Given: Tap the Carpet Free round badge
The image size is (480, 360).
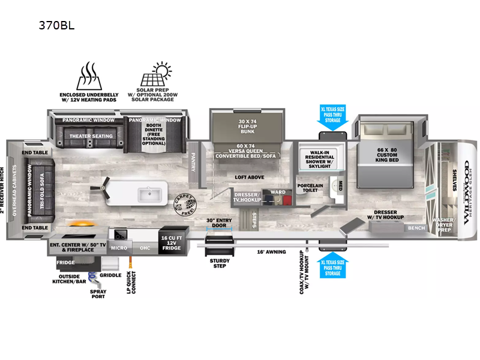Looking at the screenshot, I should pyautogui.click(x=183, y=205).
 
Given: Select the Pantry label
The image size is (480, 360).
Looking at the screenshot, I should pyautogui.click(x=194, y=161).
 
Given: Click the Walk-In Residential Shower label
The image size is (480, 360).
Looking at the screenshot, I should pyautogui.click(x=322, y=158).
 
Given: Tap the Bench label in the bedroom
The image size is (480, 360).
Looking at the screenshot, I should pyautogui.click(x=416, y=228).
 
